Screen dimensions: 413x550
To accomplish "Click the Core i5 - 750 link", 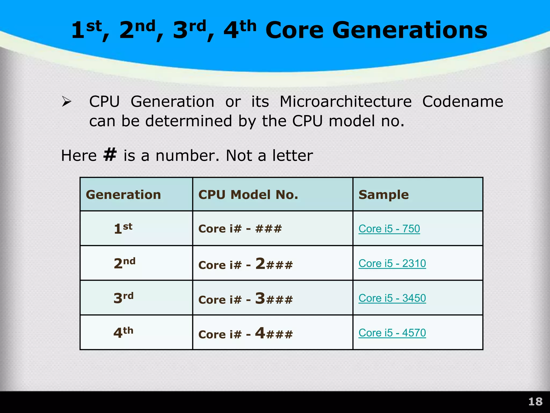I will tap(389, 229).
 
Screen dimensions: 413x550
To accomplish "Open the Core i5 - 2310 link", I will tap(392, 264).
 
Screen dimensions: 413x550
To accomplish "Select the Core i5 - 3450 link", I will tap(392, 298).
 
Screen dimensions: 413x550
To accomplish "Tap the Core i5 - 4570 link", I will tap(392, 333).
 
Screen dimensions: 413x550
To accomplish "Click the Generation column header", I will tap(123, 195).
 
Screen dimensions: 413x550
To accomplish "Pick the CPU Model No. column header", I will tap(248, 195).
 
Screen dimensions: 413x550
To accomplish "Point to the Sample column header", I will tap(383, 195).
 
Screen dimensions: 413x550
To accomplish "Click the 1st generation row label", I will tap(123, 229).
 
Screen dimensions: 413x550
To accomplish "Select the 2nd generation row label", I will tap(124, 263).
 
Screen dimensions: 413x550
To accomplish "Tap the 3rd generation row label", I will tap(124, 298).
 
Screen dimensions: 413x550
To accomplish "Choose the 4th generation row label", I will tap(123, 333).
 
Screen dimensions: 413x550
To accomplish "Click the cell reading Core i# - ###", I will tap(240, 229).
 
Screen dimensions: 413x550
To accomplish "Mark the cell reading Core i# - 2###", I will tap(245, 264).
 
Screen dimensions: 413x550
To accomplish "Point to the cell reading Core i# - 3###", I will tap(245, 299).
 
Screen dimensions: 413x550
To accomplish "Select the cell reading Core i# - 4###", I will tap(245, 333).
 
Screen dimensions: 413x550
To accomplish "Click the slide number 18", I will tap(535, 402).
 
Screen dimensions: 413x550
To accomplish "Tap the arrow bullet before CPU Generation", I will tap(66, 102).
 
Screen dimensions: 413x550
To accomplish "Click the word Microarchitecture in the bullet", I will tap(346, 102).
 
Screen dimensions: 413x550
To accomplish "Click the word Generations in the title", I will tap(410, 30).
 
